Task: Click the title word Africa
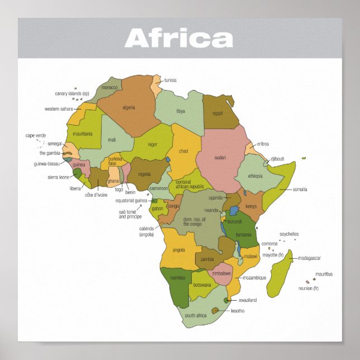point(179,38)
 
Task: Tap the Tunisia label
point(170,80)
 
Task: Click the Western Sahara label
point(59,109)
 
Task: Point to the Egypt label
point(217,113)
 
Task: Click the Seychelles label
point(289,234)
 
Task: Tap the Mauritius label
point(324,274)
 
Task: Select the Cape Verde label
point(36,135)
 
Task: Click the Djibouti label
point(277,159)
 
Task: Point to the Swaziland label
point(244,300)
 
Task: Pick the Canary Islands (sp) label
point(72,93)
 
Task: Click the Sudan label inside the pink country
point(220,158)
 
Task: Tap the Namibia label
point(178,278)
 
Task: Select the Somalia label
point(300,190)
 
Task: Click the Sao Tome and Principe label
point(130,214)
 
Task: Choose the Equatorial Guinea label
point(131,200)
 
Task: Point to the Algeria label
point(129,107)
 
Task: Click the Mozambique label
point(254,277)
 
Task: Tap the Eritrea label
point(262,144)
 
